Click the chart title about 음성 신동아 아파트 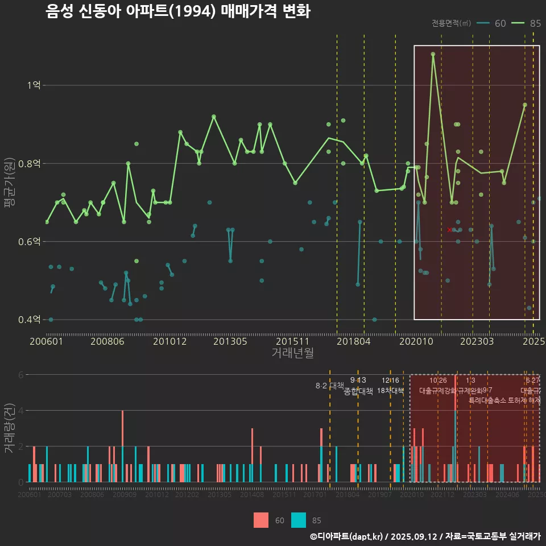(177, 12)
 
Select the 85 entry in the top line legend (526, 23)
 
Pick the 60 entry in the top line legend (492, 23)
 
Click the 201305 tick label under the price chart (230, 342)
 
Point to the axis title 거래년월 (292, 353)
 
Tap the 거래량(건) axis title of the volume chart (10, 428)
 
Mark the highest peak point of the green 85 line (433, 54)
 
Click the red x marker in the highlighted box (449, 230)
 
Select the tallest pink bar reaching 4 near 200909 (122, 446)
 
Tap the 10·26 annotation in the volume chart (438, 380)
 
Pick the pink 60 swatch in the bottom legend (261, 520)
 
